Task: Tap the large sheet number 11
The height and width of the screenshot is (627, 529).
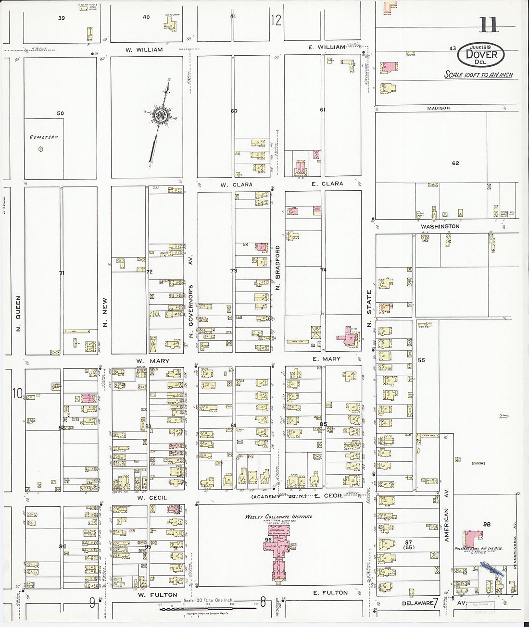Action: coord(488,25)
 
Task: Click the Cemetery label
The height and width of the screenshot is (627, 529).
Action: coord(44,137)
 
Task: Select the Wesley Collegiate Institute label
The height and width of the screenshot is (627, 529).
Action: coord(278,517)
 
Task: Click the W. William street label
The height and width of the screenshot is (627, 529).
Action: coord(144,49)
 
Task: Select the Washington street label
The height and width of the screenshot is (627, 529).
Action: coord(440,226)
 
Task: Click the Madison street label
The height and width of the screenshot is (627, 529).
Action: coord(439,109)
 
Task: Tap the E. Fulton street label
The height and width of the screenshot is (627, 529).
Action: coord(330,593)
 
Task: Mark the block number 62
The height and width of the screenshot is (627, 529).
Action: coord(455,163)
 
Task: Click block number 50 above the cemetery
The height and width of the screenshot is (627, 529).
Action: coord(60,113)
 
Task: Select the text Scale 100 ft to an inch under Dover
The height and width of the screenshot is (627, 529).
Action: coord(478,75)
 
